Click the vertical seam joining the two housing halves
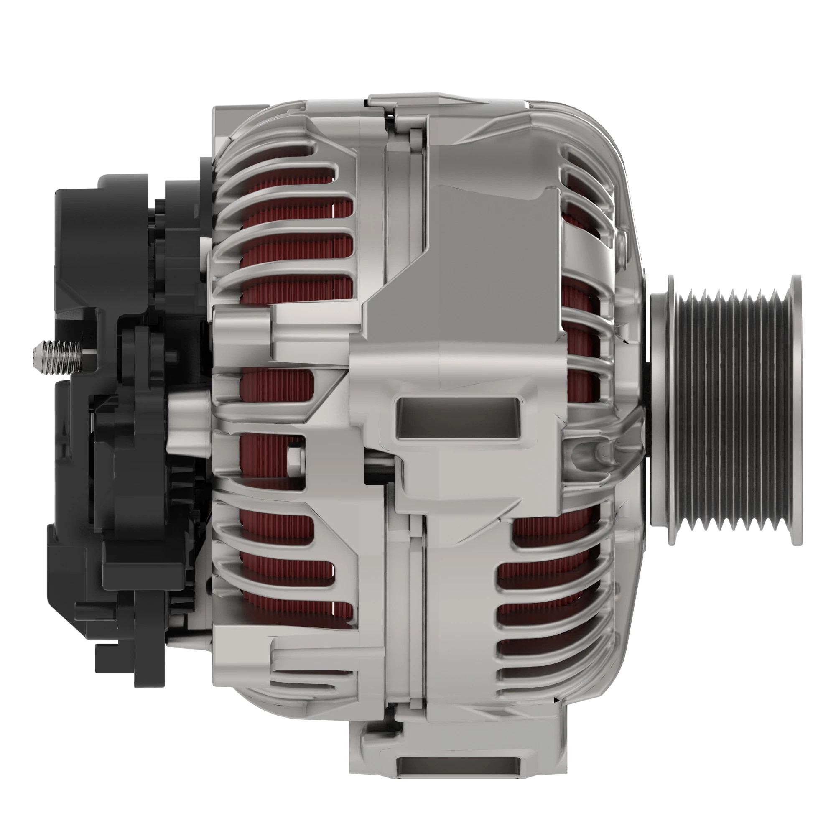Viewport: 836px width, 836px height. point(422,606)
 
